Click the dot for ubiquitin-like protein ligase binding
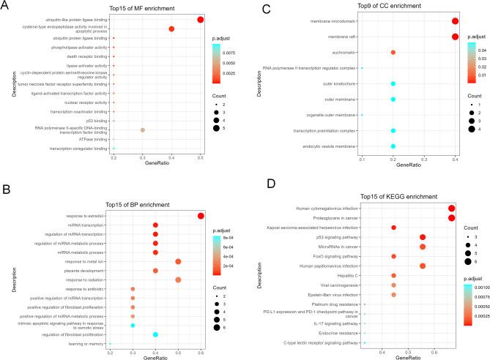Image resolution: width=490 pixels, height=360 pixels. [x=201, y=19]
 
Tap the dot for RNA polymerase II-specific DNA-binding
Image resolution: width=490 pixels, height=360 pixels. [x=142, y=130]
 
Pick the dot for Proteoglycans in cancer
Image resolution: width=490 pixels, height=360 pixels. [x=451, y=217]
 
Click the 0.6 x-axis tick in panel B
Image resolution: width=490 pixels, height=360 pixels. [x=201, y=353]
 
